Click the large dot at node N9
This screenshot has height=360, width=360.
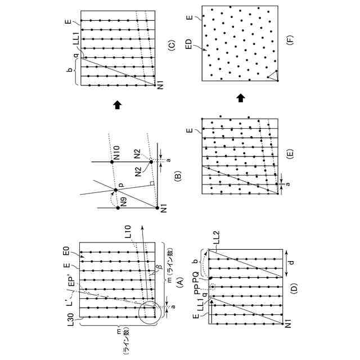pos(117,208)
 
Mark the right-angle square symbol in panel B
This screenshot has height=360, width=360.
pos(151,183)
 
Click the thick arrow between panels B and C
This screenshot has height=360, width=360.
pos(117,103)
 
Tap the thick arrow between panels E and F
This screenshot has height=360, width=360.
pos(240,98)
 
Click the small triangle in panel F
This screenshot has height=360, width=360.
pos(272,76)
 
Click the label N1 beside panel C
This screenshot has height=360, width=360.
pos(160,84)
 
